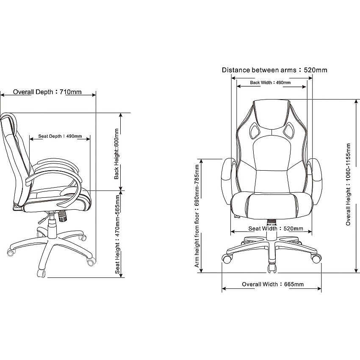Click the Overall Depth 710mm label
click(47, 92)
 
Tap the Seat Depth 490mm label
click(60, 136)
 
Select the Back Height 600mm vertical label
click(116, 154)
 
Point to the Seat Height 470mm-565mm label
click(118, 234)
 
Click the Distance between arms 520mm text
click(274, 70)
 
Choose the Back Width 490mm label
click(270, 83)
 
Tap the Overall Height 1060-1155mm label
click(348, 184)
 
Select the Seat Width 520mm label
click(276, 229)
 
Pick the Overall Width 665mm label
click(273, 284)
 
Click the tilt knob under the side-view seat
click(62, 216)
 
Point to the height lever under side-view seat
click(44, 219)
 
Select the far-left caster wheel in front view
click(227, 259)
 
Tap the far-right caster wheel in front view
click(316, 258)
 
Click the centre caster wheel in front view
click(272, 268)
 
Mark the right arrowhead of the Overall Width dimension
click(319, 288)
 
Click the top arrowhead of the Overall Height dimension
click(357, 102)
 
